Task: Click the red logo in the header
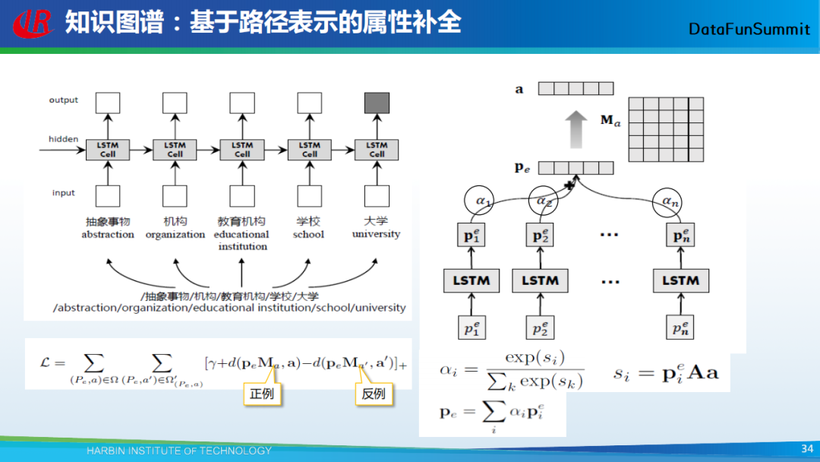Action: point(33,23)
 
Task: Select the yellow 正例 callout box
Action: point(262,394)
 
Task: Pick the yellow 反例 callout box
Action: point(374,394)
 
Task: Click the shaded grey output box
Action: point(377,103)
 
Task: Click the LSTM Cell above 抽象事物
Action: point(108,150)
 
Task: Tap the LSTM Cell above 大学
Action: point(377,150)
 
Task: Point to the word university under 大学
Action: point(376,234)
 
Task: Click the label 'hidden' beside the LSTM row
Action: point(63,139)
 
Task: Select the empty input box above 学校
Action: point(309,196)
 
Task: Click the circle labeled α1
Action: point(478,201)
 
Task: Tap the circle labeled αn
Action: point(668,201)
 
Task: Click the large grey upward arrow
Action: point(577,128)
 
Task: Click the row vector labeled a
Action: point(575,88)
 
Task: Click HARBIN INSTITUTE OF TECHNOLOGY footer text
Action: point(178,451)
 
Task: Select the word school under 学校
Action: point(308,235)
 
